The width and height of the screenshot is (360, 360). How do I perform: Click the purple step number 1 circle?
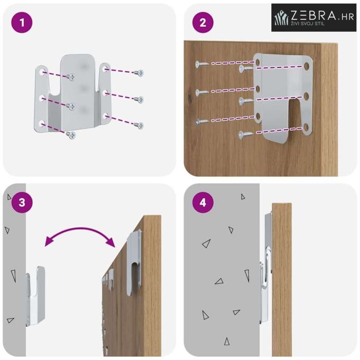22,22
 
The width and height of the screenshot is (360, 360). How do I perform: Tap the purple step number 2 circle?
203,22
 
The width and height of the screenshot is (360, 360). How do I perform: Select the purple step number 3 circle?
22,202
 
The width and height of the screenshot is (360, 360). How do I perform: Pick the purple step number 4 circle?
203,202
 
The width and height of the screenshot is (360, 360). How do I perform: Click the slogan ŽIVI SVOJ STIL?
308,23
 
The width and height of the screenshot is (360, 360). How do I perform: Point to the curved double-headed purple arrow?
80,232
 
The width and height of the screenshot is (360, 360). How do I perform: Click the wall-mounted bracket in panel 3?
35,296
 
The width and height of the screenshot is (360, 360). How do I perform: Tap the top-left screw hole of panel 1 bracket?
42,72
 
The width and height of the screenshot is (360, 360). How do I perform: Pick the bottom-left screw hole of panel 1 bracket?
42,124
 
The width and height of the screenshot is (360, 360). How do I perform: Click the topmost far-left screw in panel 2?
201,64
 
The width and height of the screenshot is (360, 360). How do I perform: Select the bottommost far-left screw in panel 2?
201,122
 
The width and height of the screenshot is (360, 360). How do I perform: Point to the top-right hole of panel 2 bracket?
306,66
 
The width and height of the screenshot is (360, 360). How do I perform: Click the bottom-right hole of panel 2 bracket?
306,127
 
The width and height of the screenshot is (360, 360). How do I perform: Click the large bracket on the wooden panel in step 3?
134,262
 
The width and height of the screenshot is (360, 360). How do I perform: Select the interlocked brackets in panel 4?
266,269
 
